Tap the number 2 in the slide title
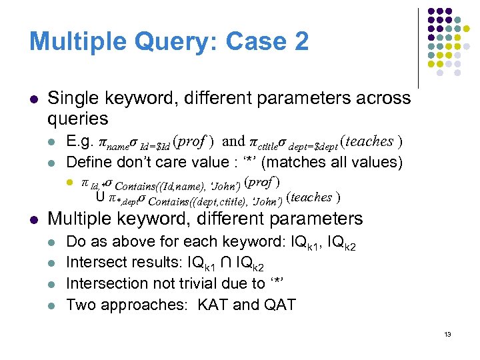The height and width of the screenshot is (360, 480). pos(300,42)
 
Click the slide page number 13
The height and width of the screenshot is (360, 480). pos(447,334)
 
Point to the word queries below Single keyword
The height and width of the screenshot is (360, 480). pos(78,119)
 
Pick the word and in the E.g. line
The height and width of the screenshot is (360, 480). pos(233,141)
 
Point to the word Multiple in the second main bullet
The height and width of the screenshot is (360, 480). pos(83,219)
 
